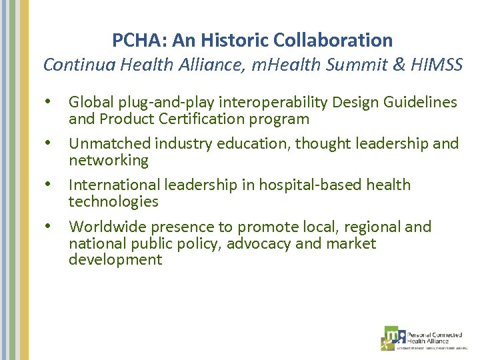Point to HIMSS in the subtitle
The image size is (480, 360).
(436, 65)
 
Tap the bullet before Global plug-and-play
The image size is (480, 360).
(47, 102)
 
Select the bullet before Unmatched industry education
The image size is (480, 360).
(47, 143)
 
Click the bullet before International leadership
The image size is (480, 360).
(47, 185)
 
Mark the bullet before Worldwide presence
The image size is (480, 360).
(47, 227)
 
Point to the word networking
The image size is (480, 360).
(109, 161)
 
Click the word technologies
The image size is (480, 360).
(113, 202)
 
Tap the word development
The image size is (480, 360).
(115, 260)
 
